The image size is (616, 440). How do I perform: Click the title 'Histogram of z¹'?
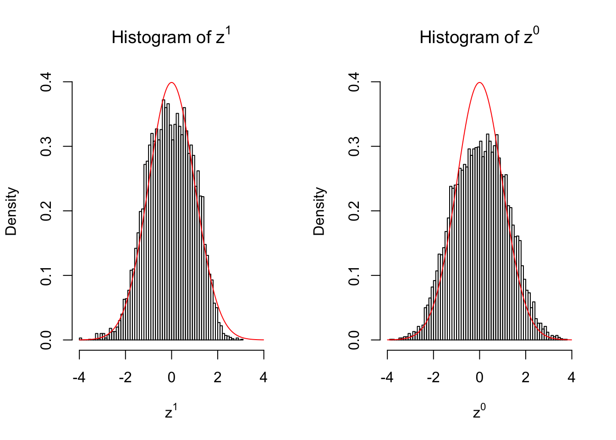click(171, 37)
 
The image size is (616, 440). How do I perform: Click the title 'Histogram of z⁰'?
click(479, 37)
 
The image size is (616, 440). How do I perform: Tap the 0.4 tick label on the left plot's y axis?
click(46, 82)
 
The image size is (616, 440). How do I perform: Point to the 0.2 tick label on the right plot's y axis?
click(354, 211)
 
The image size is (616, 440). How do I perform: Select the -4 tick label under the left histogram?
click(79, 378)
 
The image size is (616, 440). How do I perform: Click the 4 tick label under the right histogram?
click(572, 378)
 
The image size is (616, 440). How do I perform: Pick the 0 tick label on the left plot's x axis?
click(171, 378)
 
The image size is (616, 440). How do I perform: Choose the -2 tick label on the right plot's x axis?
click(433, 378)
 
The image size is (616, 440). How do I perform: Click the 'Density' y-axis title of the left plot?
click(11, 211)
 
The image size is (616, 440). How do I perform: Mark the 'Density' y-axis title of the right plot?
click(319, 211)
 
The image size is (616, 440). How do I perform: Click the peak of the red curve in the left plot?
click(171, 82)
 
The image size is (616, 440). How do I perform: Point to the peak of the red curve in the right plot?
click(479, 82)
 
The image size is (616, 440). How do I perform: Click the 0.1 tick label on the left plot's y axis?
click(46, 276)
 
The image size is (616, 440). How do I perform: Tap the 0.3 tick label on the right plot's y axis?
click(354, 147)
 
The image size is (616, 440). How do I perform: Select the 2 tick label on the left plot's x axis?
click(218, 378)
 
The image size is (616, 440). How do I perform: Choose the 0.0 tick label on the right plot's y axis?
click(354, 340)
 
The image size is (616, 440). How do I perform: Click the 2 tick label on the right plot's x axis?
click(526, 378)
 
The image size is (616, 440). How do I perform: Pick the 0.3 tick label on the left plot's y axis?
click(46, 147)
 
